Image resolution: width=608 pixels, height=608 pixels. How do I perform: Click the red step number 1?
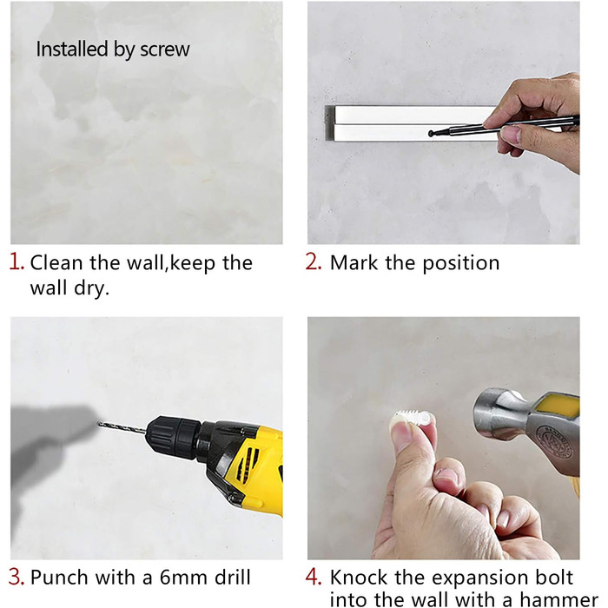point(16,261)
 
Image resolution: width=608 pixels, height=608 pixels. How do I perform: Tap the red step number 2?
point(314,261)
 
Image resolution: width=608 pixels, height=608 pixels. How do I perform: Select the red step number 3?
point(17,577)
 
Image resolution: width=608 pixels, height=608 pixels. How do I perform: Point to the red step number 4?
point(314,577)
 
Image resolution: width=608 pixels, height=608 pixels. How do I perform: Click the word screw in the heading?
point(165,50)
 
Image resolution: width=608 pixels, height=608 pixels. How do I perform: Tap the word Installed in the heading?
point(72,50)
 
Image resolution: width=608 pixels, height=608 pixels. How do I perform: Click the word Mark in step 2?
point(354,262)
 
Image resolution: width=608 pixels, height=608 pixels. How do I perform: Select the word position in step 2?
point(460,263)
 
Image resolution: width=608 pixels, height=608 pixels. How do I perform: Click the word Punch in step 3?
point(59,578)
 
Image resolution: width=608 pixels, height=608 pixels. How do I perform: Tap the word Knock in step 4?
point(359,578)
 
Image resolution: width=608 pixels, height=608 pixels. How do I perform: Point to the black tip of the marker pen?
point(431,134)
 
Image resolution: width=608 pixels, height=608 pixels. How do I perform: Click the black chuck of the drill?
point(174,433)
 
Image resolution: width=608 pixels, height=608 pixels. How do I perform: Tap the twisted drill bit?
point(122,427)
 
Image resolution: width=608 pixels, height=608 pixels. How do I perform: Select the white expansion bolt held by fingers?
point(412,419)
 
